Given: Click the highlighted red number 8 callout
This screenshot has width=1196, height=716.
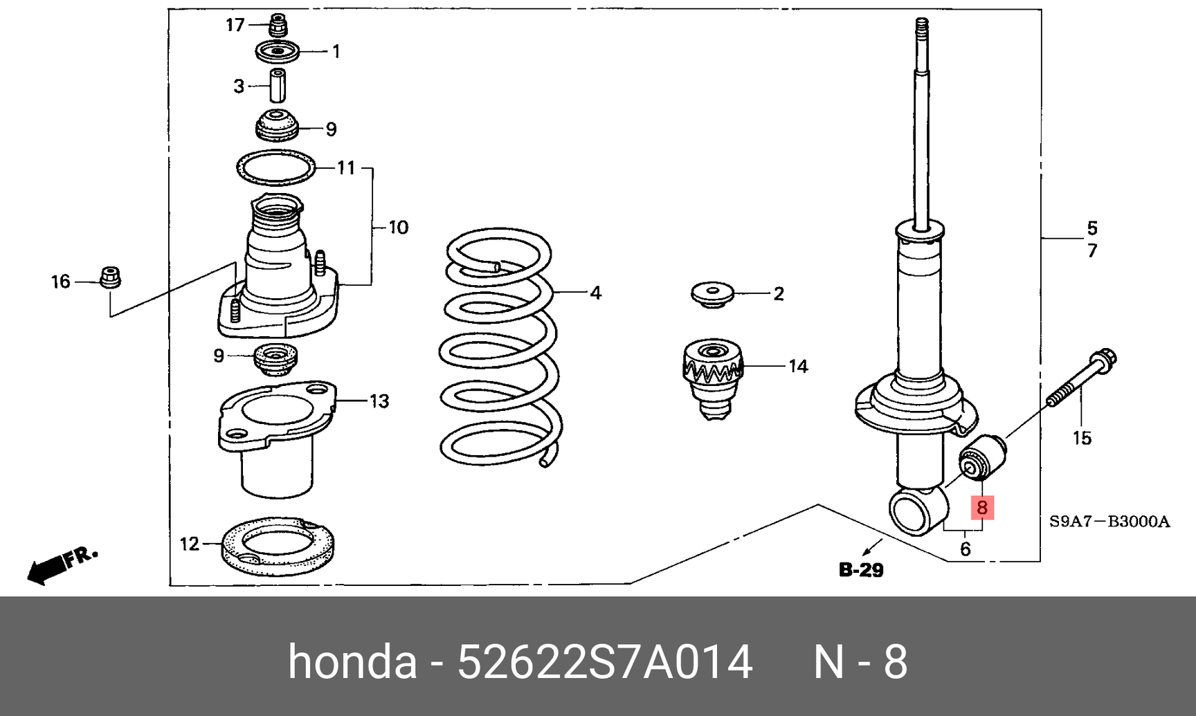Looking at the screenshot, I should pos(981,508).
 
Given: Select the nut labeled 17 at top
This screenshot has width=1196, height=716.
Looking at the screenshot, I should pos(278,25).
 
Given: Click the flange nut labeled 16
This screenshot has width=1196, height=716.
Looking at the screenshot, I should pos(110,277).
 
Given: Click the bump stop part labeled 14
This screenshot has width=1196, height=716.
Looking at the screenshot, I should pos(714,378).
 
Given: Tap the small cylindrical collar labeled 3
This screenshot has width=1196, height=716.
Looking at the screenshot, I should pos(278,86).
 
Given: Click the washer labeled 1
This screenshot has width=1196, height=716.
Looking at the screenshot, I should pos(277,52).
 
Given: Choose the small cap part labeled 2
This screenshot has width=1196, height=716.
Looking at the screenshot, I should pos(713,294).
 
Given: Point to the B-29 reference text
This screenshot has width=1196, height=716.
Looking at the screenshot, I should pos(861,569).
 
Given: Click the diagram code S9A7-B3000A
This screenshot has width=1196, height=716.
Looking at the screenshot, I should pos(1109,522).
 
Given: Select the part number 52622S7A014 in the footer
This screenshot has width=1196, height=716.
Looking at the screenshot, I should pos(604,663).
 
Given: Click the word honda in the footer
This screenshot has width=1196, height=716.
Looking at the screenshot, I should pos(352,663).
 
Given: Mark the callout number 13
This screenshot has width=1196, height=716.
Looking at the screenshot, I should pos(379,401).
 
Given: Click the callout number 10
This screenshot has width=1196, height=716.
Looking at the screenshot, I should pos(398,228).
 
